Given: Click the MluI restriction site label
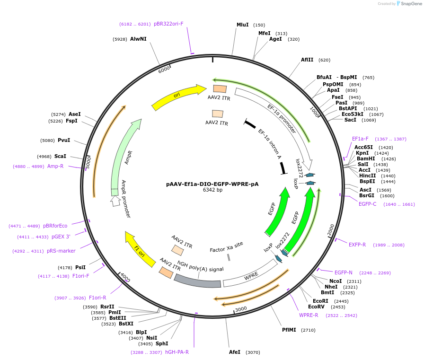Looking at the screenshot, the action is coord(242,25).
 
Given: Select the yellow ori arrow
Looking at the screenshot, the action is coord(177,97).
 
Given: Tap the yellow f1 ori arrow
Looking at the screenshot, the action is coord(140,248).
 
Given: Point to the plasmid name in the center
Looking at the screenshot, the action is coord(212,184).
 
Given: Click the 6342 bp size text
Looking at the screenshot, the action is coord(212,190).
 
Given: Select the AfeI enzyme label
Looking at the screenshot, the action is coord(235,352).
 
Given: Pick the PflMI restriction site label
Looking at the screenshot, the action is coord(289,330).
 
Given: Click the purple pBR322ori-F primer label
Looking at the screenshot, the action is coord(168,24).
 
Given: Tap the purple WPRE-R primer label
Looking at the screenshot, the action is coord(309,315).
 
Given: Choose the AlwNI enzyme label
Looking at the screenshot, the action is coord(138,39).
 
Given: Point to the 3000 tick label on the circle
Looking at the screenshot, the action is coord(241,309).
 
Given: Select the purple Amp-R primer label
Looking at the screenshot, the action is coord(55,166).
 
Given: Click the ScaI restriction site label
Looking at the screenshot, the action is coord(60,156).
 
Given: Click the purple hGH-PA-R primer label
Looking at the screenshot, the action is coord(177,352).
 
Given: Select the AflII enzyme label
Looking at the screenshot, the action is coord(307,60).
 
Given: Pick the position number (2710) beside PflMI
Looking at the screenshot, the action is coord(308,330).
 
